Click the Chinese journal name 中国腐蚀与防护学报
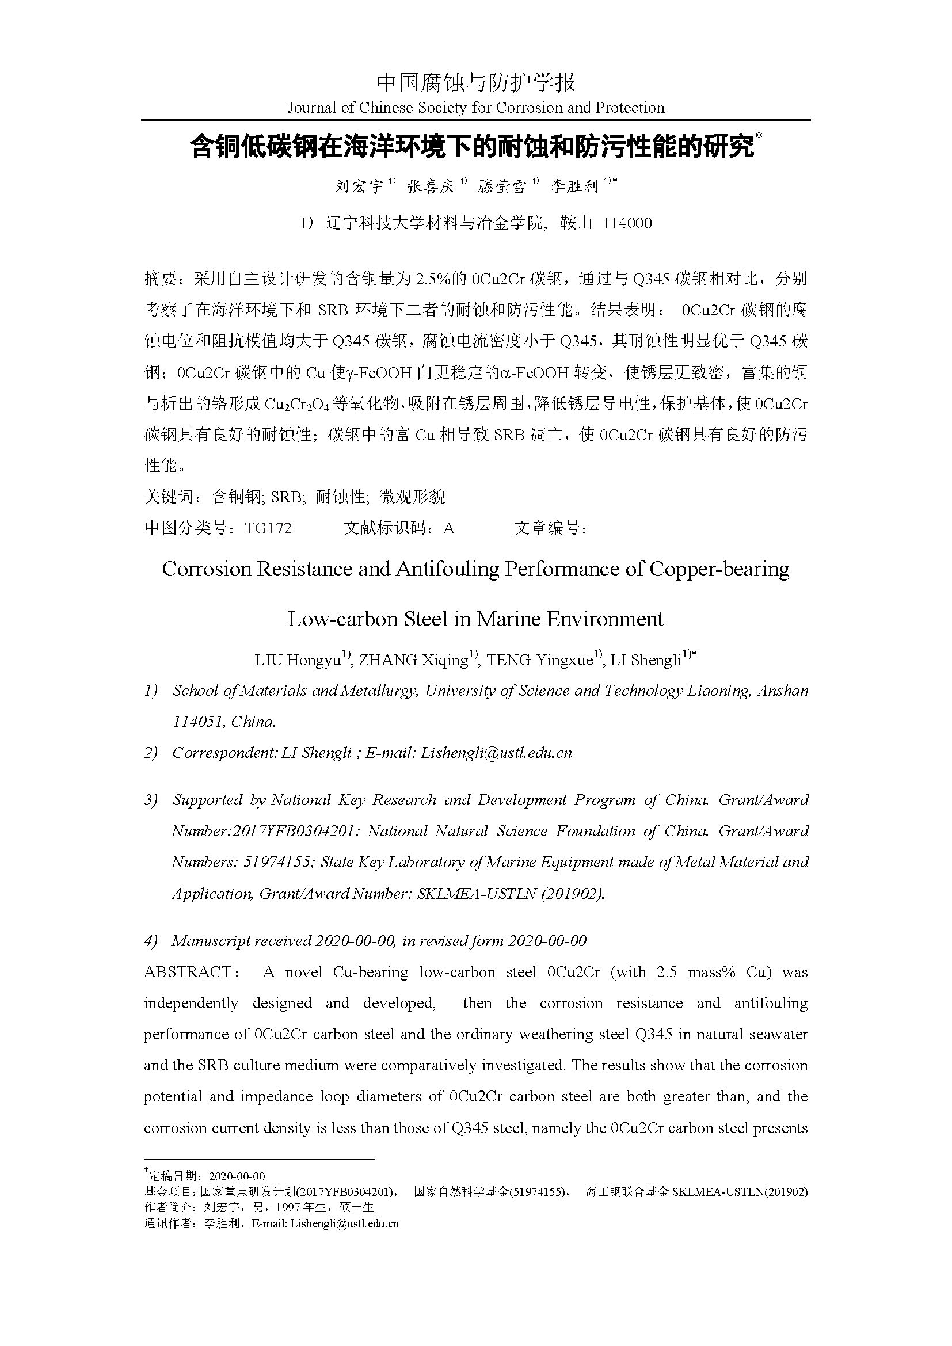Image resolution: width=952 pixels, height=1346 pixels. coord(476,83)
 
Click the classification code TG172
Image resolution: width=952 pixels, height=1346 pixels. coord(268,528)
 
